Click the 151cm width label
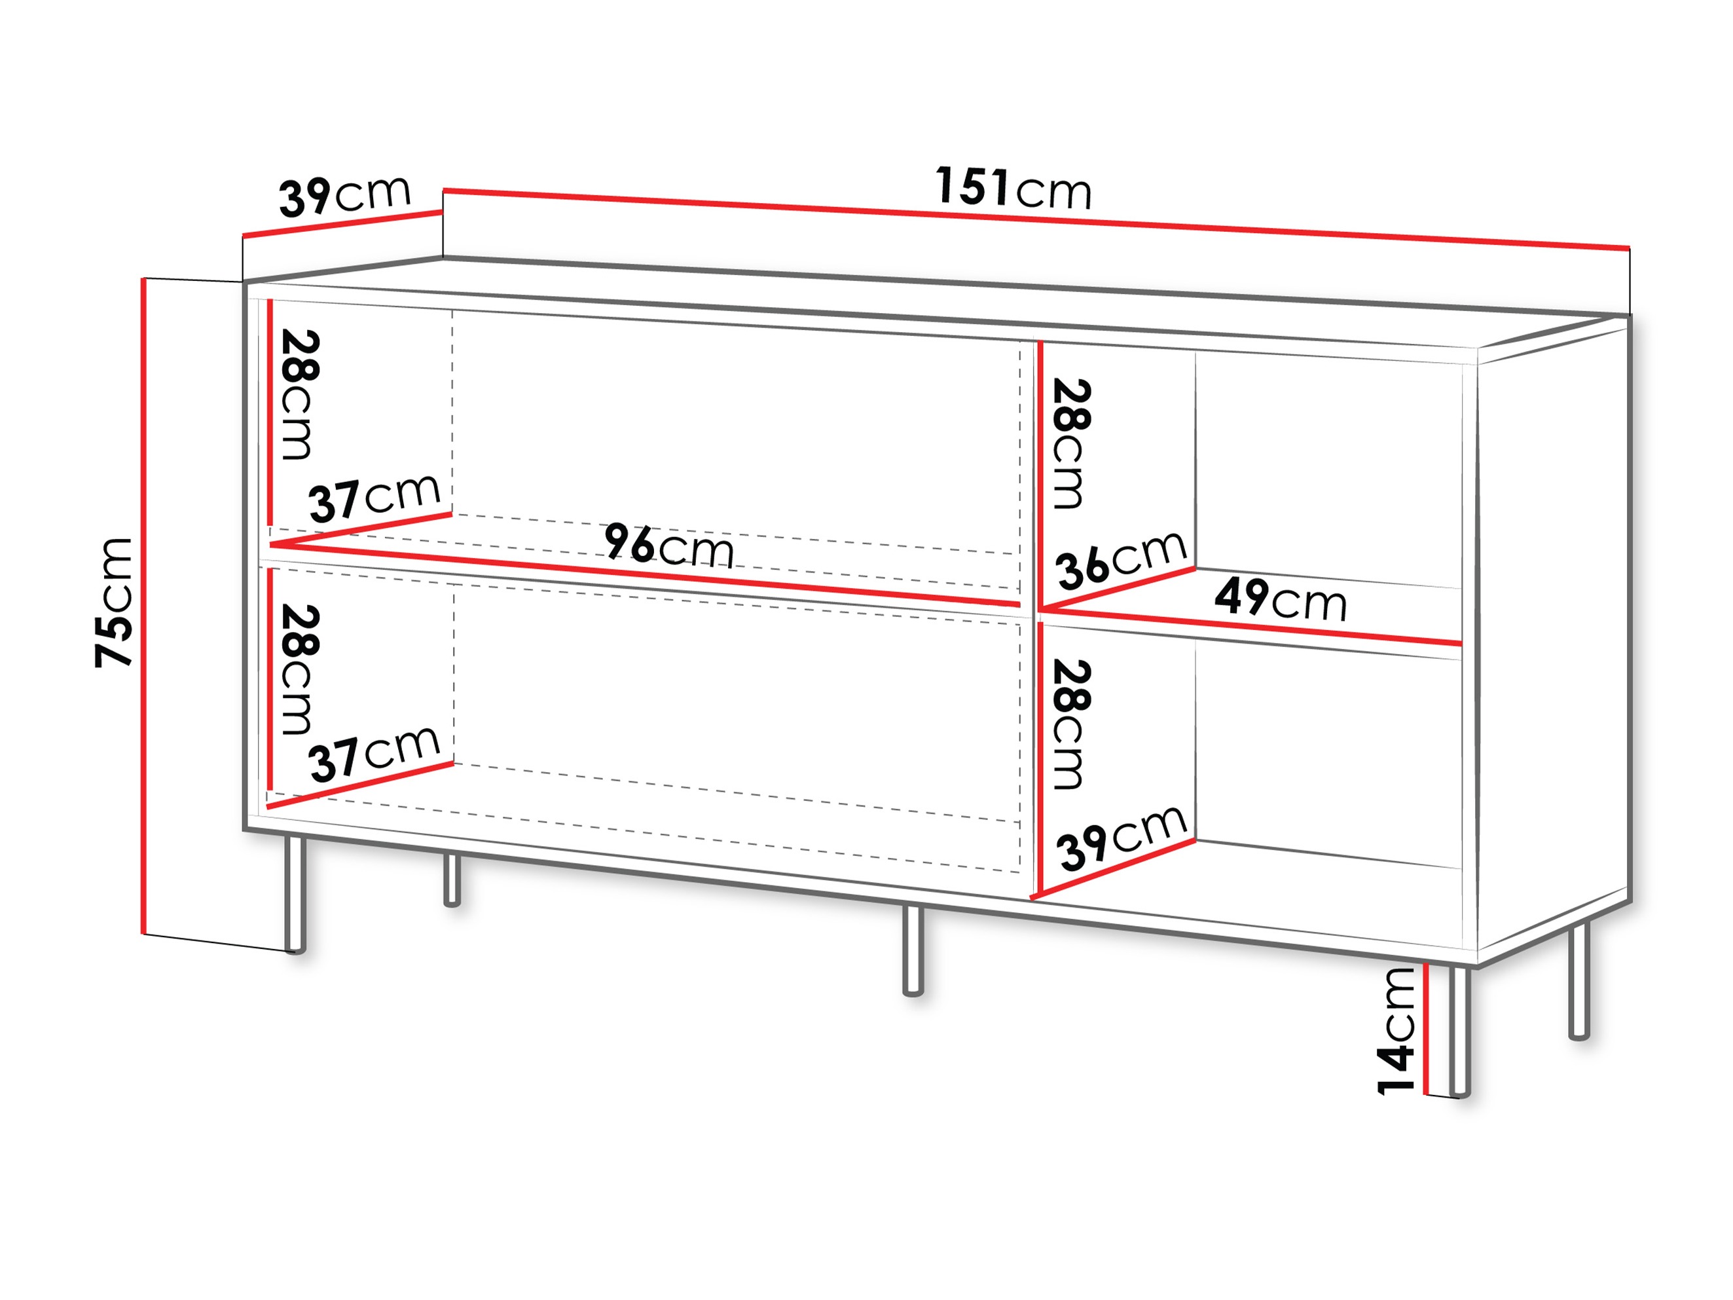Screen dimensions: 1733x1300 tap(1012, 188)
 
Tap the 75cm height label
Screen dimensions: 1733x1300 tap(114, 603)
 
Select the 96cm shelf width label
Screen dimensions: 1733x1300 tap(669, 545)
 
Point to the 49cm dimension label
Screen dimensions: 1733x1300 tap(1280, 599)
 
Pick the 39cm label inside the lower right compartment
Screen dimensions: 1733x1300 tap(1122, 838)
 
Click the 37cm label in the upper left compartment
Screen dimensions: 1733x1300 tap(374, 498)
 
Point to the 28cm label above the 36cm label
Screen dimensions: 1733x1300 tap(1071, 443)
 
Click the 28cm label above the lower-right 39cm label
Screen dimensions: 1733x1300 tap(1071, 724)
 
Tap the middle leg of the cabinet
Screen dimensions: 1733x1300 tap(913, 950)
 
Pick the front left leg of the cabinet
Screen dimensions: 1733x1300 tap(295, 894)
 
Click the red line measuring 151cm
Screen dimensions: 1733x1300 tap(1036, 219)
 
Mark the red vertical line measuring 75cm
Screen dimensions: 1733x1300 tap(144, 606)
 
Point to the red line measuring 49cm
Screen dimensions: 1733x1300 tap(1251, 626)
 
